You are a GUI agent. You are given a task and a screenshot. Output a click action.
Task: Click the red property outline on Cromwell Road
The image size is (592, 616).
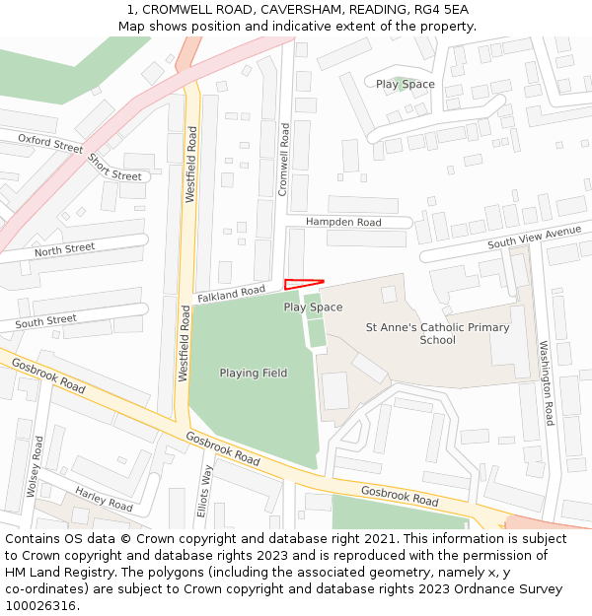[x=302, y=284]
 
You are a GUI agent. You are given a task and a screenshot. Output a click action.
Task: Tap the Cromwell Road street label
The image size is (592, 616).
[x=283, y=160]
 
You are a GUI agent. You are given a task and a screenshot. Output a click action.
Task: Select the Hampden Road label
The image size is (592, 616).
[x=342, y=223]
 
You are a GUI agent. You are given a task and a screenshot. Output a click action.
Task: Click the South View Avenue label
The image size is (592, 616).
[x=534, y=237]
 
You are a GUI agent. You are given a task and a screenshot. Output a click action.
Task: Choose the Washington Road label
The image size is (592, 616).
[x=546, y=383]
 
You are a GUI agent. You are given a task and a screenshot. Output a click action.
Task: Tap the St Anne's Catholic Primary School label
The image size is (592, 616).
[x=437, y=333]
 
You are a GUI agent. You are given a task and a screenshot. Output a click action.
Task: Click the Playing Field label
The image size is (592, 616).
[x=254, y=374]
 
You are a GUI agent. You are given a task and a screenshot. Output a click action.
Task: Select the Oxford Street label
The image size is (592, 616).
[x=50, y=144]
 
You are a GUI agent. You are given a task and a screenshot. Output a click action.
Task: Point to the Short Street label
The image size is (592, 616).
[x=114, y=168]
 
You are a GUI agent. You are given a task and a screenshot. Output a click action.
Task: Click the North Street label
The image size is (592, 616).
[x=64, y=250]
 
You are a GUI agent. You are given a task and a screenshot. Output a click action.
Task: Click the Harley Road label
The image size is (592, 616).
[x=104, y=500]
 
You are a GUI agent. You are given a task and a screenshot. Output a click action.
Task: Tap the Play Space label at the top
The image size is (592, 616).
[x=405, y=85]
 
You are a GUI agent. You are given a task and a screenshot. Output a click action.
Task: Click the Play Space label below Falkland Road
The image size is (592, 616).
[x=313, y=308]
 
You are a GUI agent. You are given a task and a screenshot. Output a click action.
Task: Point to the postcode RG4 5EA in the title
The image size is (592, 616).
[x=441, y=10]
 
